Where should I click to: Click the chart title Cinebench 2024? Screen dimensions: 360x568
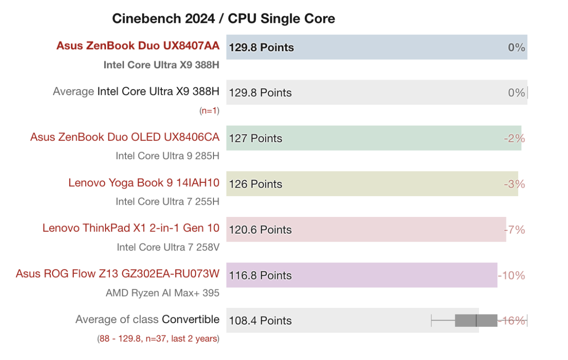pyautogui.click(x=223, y=18)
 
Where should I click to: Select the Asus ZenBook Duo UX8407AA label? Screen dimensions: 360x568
pyautogui.click(x=138, y=45)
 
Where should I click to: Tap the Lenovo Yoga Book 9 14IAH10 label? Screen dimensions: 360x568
pyautogui.click(x=144, y=183)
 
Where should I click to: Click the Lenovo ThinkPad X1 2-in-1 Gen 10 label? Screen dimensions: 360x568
pyautogui.click(x=131, y=228)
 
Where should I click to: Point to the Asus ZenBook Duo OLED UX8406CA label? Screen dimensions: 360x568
pyautogui.click(x=125, y=137)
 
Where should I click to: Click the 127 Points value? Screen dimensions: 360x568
pyautogui.click(x=256, y=138)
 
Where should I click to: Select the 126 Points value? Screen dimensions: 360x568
pyautogui.click(x=256, y=184)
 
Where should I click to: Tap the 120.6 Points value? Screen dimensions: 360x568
pyautogui.click(x=260, y=230)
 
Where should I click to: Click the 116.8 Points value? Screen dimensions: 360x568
pyautogui.click(x=260, y=275)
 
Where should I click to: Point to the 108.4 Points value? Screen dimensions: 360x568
pyautogui.click(x=260, y=321)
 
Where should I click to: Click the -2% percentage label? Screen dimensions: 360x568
pyautogui.click(x=515, y=138)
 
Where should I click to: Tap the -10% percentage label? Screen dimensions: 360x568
pyautogui.click(x=512, y=275)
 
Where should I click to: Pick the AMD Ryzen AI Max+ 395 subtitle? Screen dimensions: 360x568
pyautogui.click(x=162, y=293)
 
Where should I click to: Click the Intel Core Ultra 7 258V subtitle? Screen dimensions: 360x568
pyautogui.click(x=168, y=247)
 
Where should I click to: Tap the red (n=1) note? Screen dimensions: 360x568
pyautogui.click(x=209, y=111)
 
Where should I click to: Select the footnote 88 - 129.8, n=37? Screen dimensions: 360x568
pyautogui.click(x=158, y=339)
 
